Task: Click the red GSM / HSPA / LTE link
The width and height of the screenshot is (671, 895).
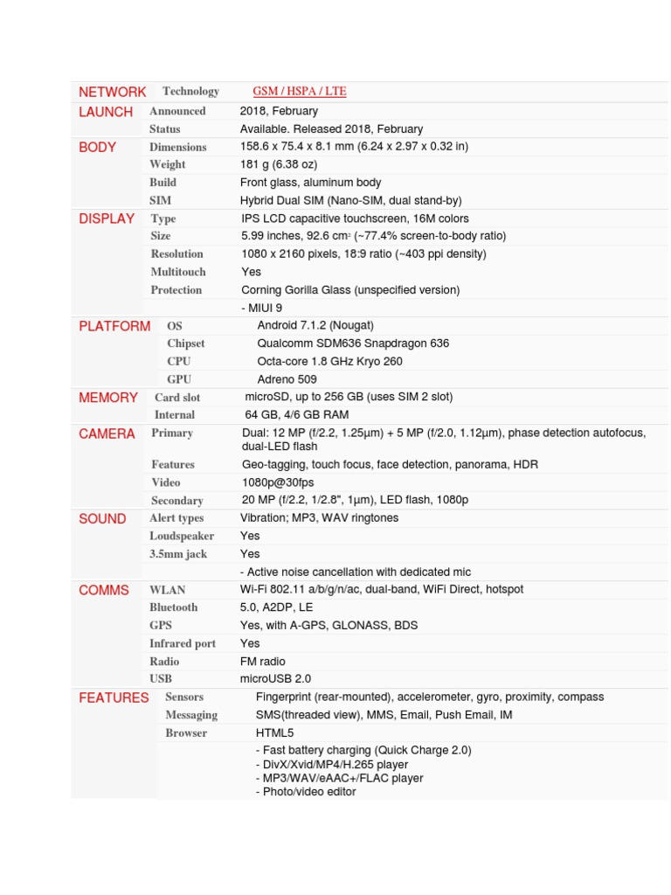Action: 299,92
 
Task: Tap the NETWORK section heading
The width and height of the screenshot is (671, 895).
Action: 113,92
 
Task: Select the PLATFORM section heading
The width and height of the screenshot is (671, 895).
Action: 114,326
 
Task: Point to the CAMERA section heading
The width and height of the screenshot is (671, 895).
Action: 107,434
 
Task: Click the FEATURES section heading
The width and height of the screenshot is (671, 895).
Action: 114,697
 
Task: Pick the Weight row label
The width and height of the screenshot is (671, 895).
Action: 168,164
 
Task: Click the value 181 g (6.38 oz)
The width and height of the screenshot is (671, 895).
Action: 279,164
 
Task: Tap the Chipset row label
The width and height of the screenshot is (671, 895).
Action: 186,343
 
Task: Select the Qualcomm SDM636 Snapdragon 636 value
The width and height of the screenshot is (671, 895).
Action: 353,343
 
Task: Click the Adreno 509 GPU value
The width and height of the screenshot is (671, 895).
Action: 287,379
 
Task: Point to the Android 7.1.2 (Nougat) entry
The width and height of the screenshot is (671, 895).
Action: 315,326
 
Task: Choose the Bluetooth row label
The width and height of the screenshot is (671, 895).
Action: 174,607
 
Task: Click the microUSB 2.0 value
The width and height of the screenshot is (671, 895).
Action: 275,678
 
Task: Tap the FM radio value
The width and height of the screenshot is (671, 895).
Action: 263,662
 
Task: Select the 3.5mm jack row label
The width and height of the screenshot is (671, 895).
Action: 178,554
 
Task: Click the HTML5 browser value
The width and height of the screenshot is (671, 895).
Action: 274,732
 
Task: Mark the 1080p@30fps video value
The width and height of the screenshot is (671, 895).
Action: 278,482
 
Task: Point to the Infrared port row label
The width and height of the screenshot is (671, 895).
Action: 183,643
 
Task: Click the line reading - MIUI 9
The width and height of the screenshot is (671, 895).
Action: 261,308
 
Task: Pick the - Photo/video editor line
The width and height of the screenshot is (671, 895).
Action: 306,792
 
